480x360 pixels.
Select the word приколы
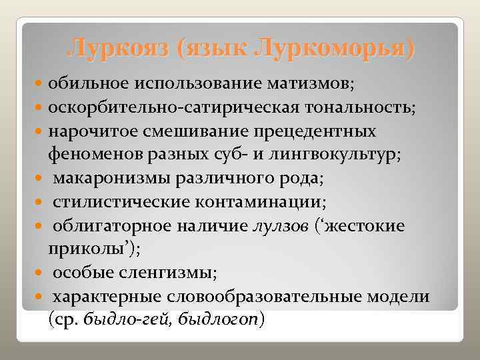(x=77, y=249)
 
